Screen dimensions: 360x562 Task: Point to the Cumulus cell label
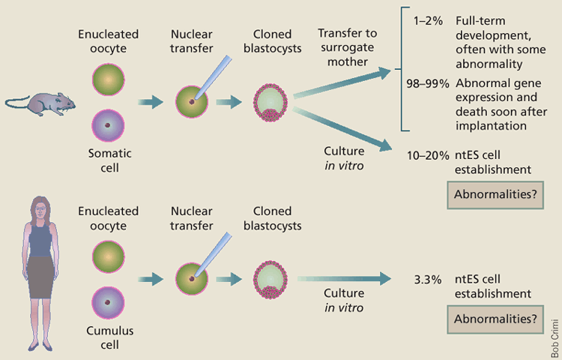click(x=109, y=340)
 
